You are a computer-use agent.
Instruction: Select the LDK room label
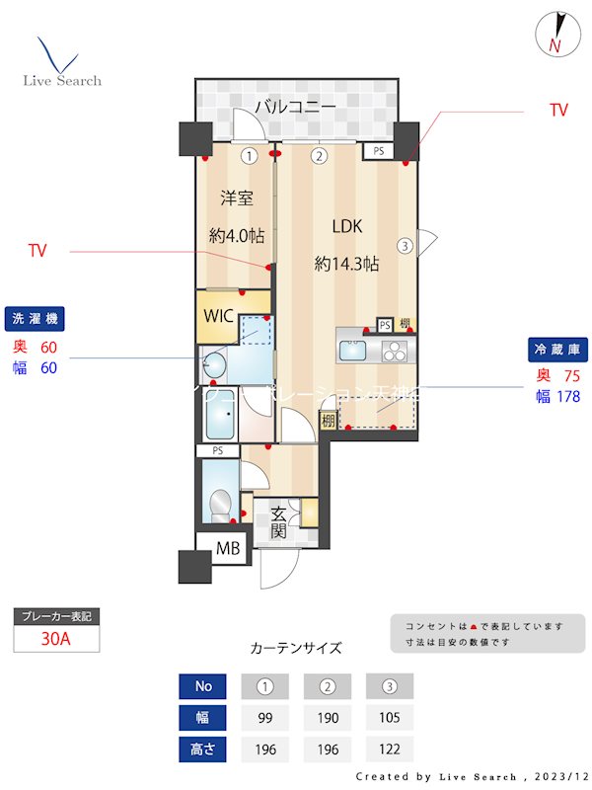346,226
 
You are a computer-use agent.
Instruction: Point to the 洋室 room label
236,198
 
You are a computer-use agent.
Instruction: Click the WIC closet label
219,316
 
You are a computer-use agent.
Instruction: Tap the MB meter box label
228,548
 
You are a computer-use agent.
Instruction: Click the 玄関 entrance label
279,522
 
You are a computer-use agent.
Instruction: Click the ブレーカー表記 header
56,616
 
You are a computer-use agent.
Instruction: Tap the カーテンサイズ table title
296,648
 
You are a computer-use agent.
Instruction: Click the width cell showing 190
328,718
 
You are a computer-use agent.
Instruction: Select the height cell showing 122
389,750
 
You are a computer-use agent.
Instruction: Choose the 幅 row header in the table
203,718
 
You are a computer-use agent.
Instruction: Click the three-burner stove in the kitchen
394,351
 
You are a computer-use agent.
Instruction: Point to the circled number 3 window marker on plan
405,246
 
